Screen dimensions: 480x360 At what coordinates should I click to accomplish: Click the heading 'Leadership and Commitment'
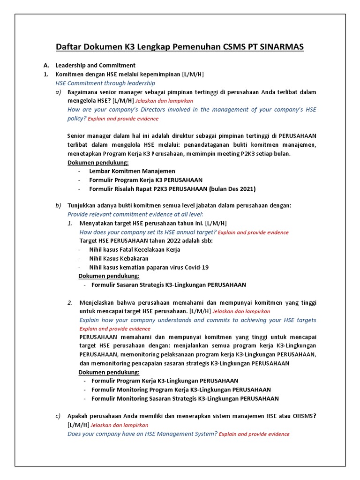pyautogui.click(x=95, y=65)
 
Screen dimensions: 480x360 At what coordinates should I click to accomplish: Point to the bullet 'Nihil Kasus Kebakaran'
pyautogui.click(x=119, y=258)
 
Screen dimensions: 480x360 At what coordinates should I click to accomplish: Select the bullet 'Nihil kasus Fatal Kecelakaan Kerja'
pyautogui.click(x=135, y=249)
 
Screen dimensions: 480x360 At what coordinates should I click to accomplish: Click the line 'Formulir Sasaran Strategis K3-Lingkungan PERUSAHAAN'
pyautogui.click(x=169, y=285)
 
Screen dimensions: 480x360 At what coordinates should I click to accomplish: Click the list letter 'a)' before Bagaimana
pyautogui.click(x=58, y=92)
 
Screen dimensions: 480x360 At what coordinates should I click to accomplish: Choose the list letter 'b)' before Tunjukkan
pyautogui.click(x=58, y=205)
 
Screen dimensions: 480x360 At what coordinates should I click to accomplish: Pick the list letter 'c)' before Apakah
pyautogui.click(x=58, y=416)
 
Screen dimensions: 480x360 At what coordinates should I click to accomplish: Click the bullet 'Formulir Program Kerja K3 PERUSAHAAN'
pyautogui.click(x=146, y=180)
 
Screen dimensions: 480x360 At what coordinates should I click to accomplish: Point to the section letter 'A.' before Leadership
pyautogui.click(x=46, y=65)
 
